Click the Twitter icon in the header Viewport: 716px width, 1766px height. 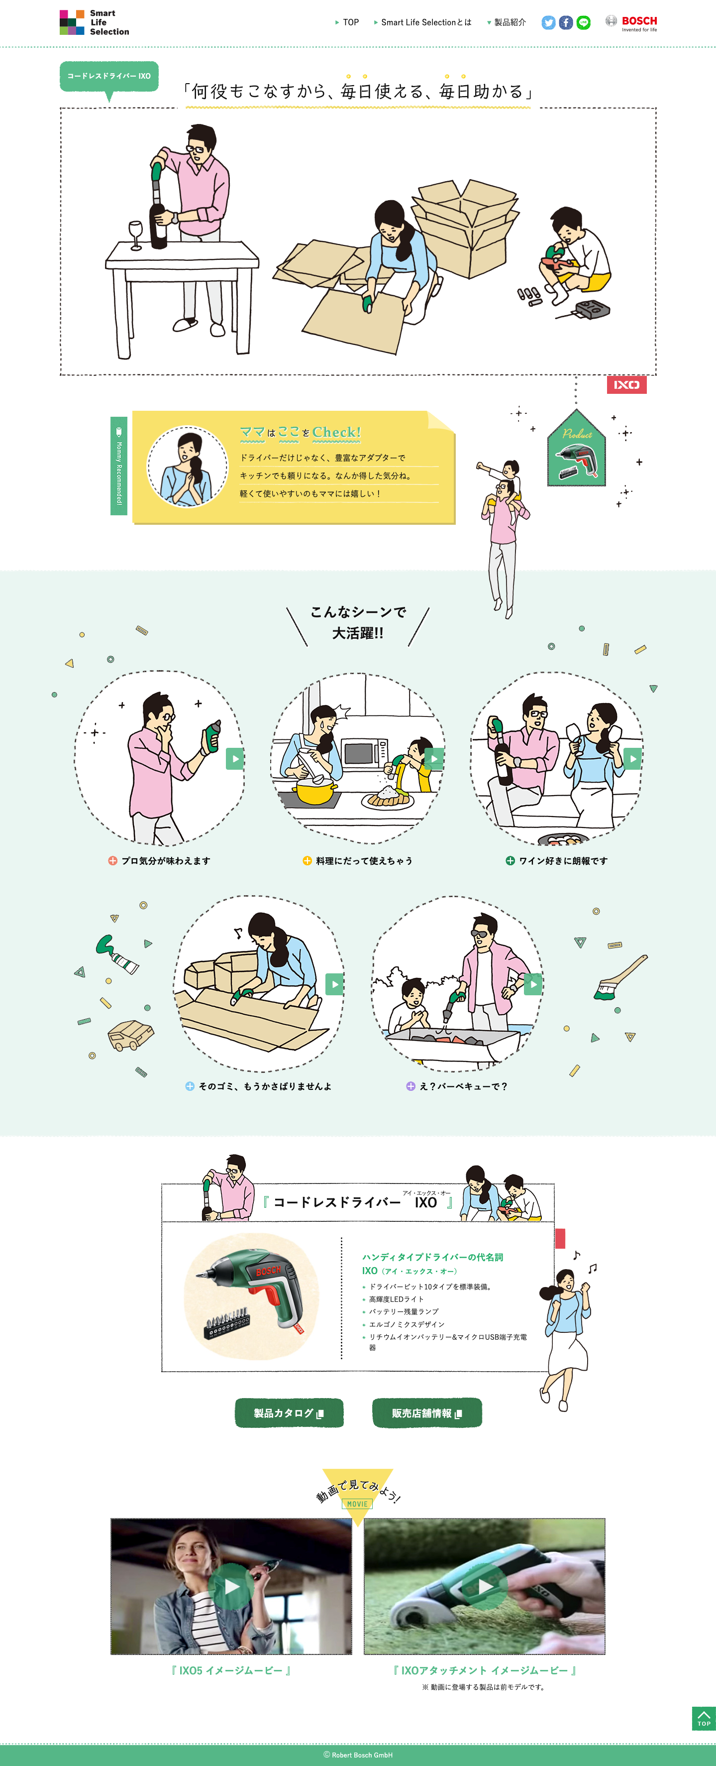coord(548,22)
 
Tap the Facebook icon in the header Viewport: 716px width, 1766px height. coord(566,22)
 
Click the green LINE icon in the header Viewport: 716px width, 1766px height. coord(584,22)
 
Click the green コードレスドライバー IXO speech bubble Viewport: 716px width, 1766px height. coord(109,76)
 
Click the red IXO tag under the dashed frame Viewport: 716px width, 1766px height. coord(626,384)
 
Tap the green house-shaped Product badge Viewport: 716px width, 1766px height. coord(576,451)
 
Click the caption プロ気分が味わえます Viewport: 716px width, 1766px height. coord(165,861)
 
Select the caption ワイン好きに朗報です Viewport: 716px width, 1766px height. coord(563,861)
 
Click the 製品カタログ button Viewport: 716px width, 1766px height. coord(289,1413)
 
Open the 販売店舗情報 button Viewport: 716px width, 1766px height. coord(427,1413)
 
